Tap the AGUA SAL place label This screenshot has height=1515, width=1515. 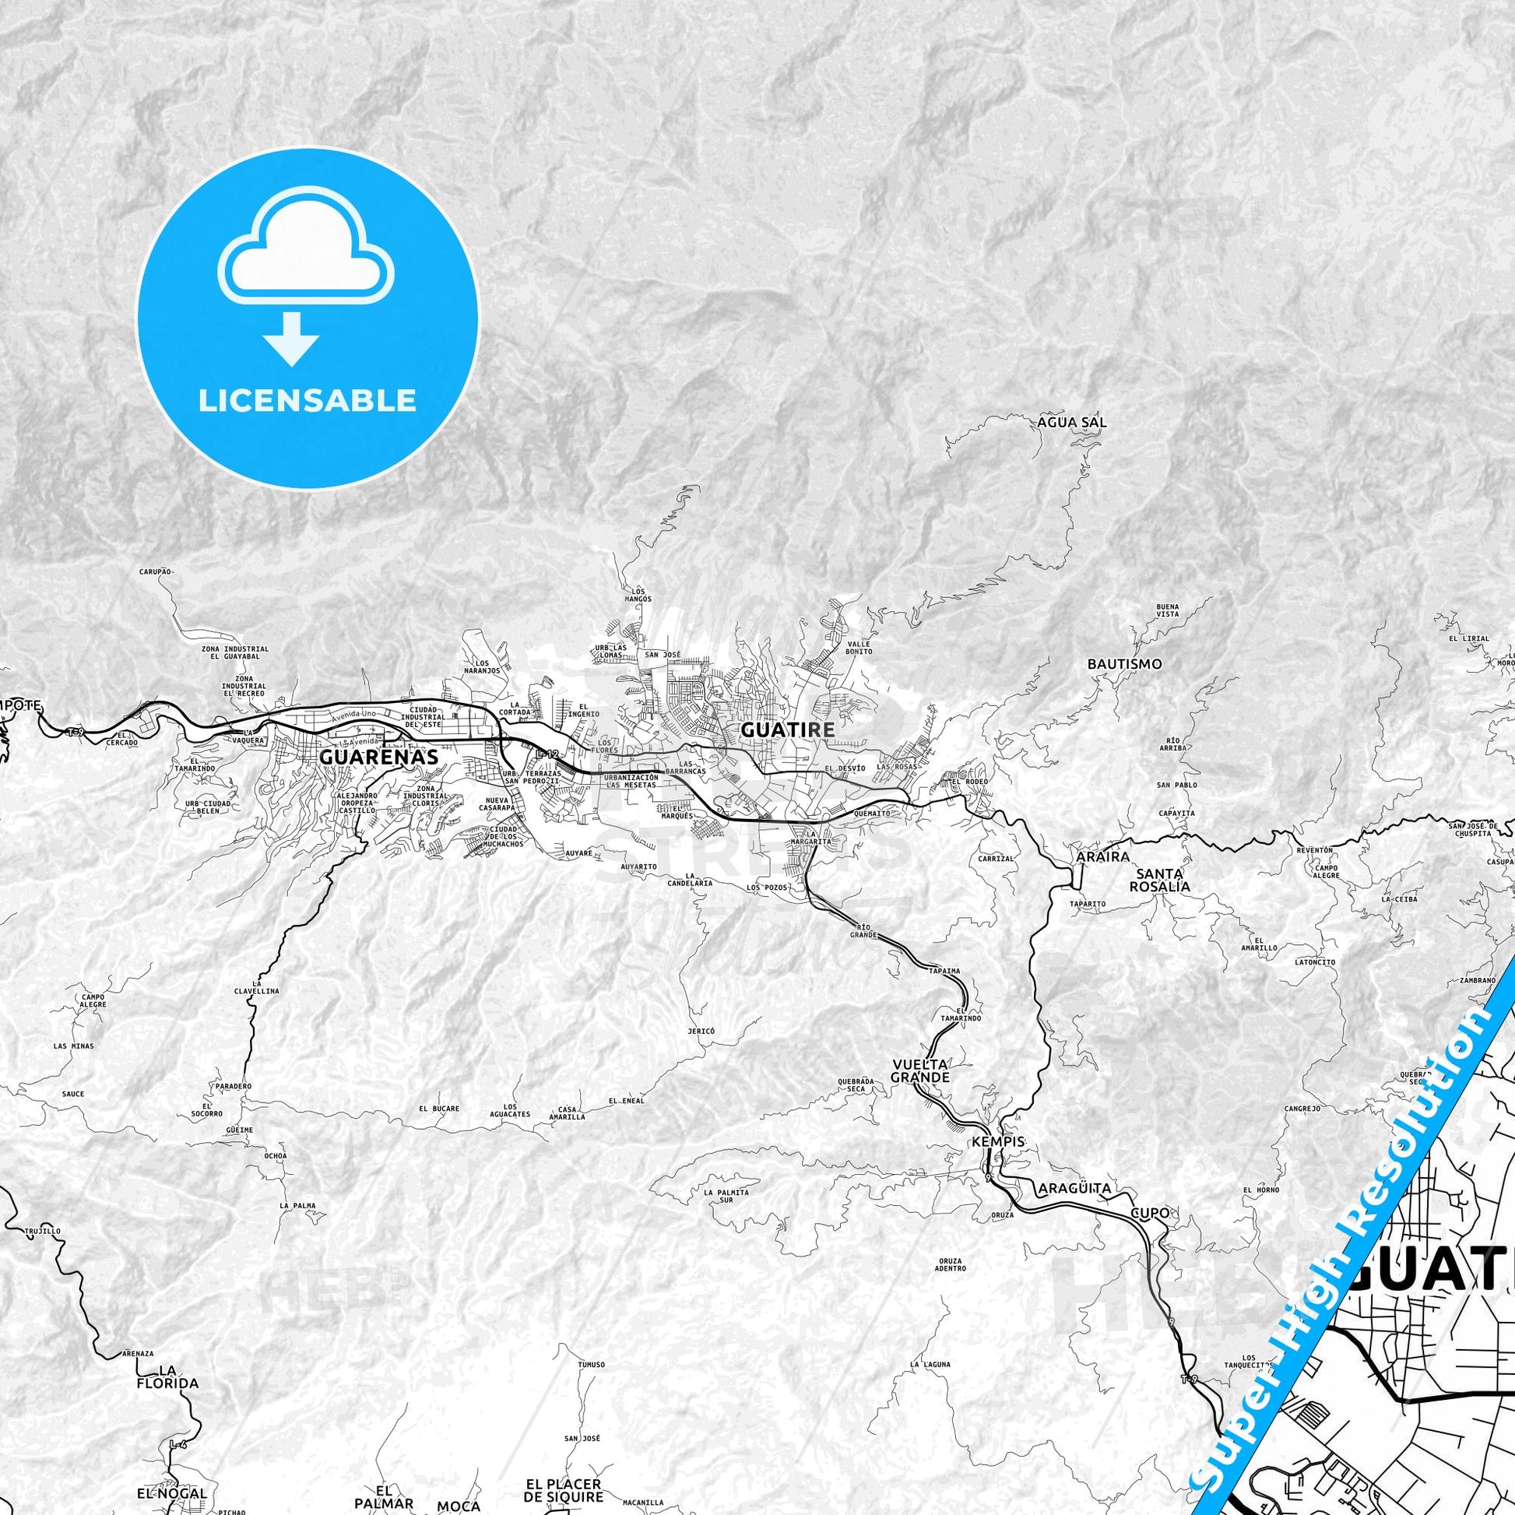1072,422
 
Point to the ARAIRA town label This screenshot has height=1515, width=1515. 1103,857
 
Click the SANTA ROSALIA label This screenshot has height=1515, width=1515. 1159,880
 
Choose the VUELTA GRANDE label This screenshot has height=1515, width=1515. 920,1071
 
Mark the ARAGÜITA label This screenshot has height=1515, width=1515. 1074,1188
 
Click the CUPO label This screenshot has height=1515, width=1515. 1150,1213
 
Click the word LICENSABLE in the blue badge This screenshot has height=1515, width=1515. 308,401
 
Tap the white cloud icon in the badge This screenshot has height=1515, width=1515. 308,255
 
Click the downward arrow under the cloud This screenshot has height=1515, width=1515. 291,339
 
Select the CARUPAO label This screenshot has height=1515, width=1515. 155,572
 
